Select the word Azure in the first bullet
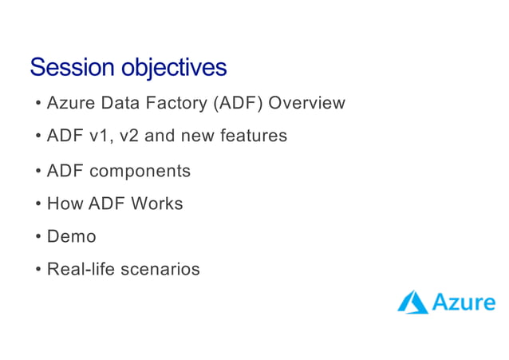pyautogui.click(x=69, y=103)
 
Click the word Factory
pyautogui.click(x=176, y=103)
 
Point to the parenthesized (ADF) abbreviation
pyautogui.click(x=238, y=103)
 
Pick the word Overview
pyautogui.click(x=307, y=103)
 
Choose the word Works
pyautogui.click(x=157, y=204)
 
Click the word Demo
pyautogui.click(x=71, y=237)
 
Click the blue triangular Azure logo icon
pyautogui.click(x=412, y=303)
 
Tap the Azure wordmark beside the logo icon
pyautogui.click(x=463, y=303)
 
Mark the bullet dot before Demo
pyautogui.click(x=38, y=238)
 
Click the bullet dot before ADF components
pyautogui.click(x=38, y=172)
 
